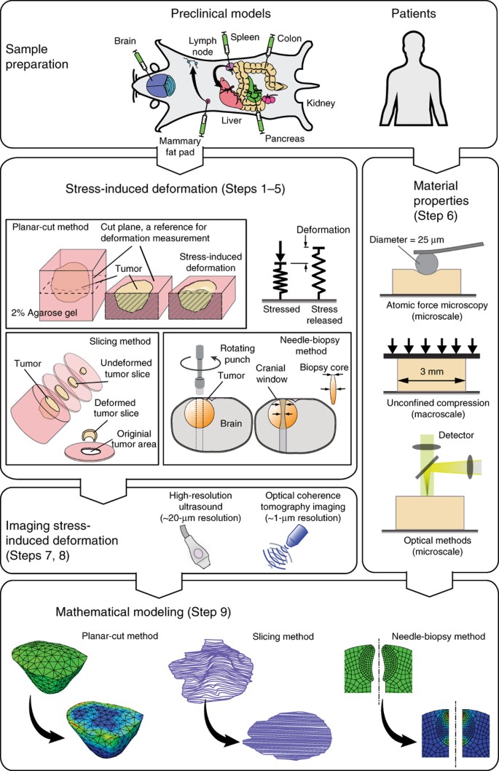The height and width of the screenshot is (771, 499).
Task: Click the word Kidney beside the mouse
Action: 321,103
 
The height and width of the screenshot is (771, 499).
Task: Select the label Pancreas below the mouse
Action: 285,138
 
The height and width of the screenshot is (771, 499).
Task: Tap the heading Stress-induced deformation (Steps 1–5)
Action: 175,189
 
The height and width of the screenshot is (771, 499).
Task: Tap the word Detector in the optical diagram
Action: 456,435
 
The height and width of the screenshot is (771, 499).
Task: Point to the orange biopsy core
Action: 333,388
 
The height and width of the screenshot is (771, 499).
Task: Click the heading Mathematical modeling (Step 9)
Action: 143,612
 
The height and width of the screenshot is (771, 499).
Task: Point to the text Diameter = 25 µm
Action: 406,240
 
